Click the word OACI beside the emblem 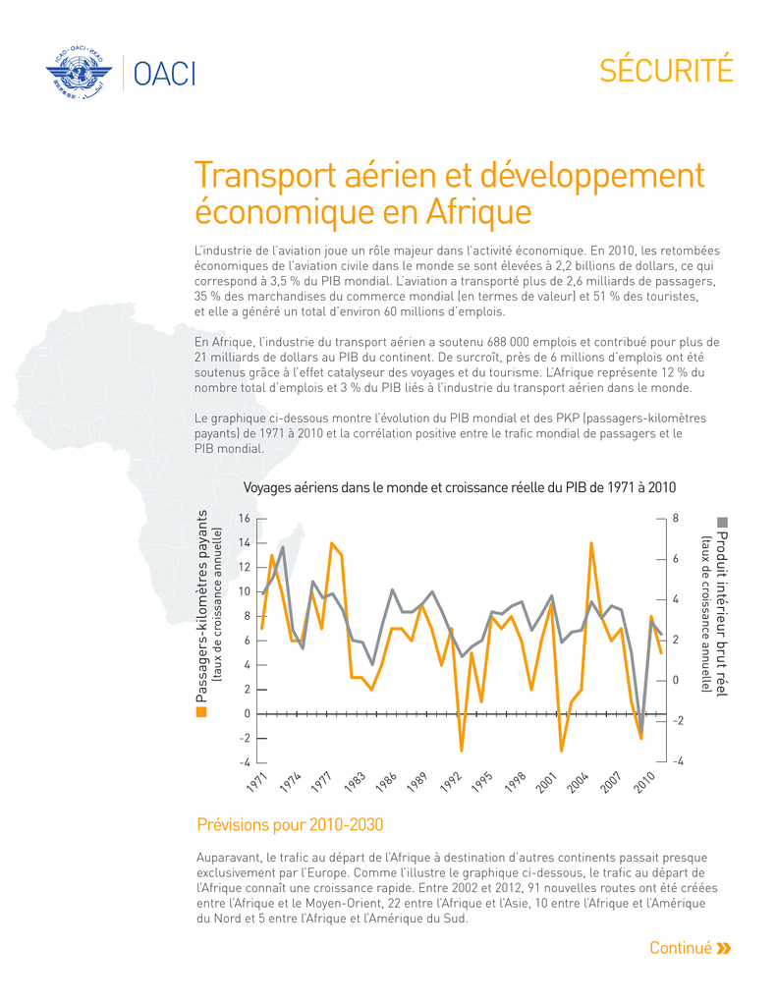164,74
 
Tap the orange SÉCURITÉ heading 666,70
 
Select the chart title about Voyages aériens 460,487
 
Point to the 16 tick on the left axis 245,519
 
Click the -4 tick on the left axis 245,762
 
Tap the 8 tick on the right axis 675,518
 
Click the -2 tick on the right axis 678,720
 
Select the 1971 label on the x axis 257,782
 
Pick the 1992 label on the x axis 451,782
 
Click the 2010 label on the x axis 644,782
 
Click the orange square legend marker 201,712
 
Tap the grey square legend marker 722,523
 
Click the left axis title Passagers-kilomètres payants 201,605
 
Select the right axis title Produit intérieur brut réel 722,613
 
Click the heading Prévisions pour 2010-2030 290,824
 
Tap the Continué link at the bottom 681,948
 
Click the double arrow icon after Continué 724,948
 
